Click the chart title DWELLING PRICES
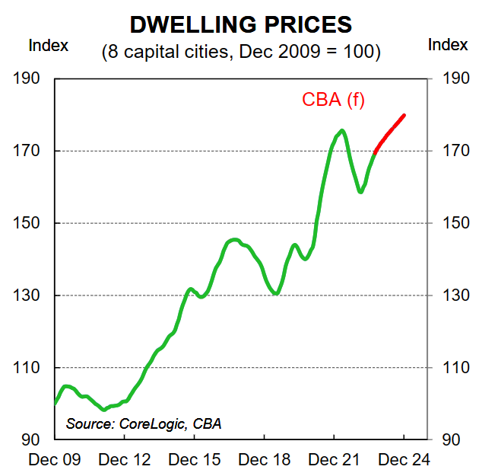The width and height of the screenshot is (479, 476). pyautogui.click(x=241, y=24)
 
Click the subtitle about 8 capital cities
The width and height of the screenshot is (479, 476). pyautogui.click(x=241, y=52)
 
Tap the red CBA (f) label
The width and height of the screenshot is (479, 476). pyautogui.click(x=333, y=100)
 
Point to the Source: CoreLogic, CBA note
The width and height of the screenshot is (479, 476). pyautogui.click(x=144, y=423)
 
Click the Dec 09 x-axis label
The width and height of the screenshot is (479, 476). pyautogui.click(x=55, y=460)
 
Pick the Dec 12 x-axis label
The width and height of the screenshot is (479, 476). pyautogui.click(x=124, y=460)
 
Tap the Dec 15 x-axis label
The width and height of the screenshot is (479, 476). pyautogui.click(x=194, y=460)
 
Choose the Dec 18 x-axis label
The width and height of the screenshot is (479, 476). pyautogui.click(x=264, y=460)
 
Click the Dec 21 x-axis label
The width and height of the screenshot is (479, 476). pyautogui.click(x=334, y=460)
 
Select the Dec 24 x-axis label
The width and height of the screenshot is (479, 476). pyautogui.click(x=404, y=460)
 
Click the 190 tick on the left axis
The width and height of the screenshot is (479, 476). pyautogui.click(x=26, y=78)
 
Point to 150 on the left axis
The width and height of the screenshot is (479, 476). pyautogui.click(x=26, y=223)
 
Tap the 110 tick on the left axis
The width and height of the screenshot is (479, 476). pyautogui.click(x=26, y=368)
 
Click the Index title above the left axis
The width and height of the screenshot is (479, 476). pyautogui.click(x=49, y=45)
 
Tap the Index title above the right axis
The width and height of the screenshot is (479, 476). pyautogui.click(x=448, y=44)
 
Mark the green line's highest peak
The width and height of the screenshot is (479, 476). pyautogui.click(x=342, y=131)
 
